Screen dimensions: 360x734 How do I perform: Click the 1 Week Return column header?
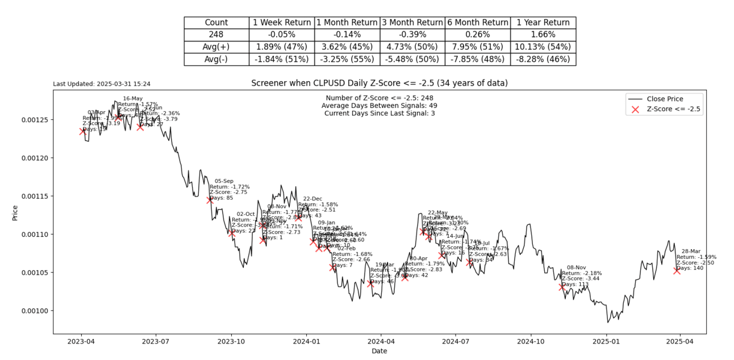(281, 23)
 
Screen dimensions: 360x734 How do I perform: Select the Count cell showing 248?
(216, 35)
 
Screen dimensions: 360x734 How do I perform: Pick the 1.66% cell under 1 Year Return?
(543, 35)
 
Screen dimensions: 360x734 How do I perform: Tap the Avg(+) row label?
(216, 47)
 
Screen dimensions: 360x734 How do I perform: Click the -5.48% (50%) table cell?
(412, 59)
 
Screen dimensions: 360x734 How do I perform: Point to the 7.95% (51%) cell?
(477, 47)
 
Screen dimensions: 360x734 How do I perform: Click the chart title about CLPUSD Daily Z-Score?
(379, 83)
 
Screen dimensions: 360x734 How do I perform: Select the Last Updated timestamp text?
(102, 84)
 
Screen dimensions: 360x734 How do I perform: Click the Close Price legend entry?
(665, 99)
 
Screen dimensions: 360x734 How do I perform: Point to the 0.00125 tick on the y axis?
(34, 120)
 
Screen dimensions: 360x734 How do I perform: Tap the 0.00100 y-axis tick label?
(34, 311)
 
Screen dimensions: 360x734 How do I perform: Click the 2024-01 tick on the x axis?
(306, 342)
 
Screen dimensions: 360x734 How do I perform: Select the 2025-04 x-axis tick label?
(680, 342)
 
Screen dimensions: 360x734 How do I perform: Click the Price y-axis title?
(15, 212)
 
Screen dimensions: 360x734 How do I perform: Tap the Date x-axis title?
(379, 351)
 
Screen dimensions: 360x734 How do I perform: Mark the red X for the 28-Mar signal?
(677, 271)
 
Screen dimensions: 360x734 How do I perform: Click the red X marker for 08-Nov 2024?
(562, 287)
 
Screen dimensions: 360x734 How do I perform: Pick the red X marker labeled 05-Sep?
(210, 200)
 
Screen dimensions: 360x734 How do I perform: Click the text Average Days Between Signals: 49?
(379, 106)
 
